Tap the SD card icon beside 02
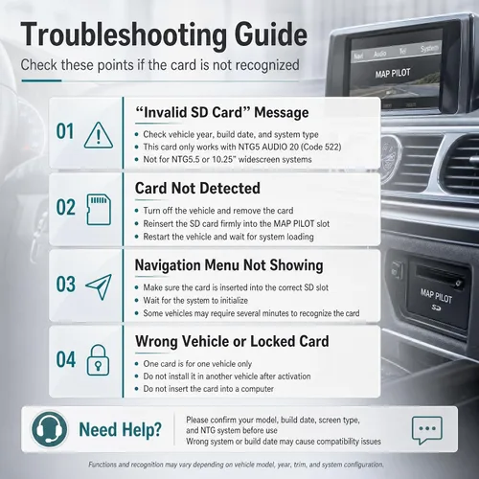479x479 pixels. coord(99,210)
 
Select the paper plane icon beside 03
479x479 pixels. coord(99,286)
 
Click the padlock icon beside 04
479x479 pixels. coord(98,360)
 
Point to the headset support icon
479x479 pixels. coord(49,429)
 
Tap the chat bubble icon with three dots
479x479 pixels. coord(427,430)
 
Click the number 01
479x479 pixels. coord(65,131)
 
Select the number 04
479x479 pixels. coord(66,359)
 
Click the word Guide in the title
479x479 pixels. coord(271,34)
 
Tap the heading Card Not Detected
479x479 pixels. coord(197,188)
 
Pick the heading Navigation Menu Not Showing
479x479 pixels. coord(229,265)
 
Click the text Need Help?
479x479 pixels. coord(121,430)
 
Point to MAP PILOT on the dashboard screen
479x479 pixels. coord(393,74)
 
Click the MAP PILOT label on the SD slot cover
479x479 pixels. coord(436,296)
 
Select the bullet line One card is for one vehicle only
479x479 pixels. coord(197,364)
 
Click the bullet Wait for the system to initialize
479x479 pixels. coord(195,301)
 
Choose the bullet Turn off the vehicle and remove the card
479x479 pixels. coord(218,211)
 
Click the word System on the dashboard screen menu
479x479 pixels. coord(429,49)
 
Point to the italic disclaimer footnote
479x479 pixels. coord(236,465)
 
